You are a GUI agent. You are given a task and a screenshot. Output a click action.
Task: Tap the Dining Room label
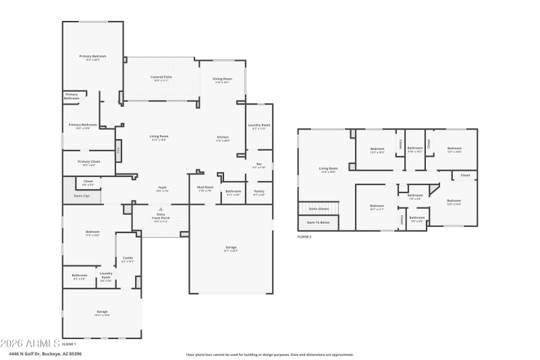point(221,79)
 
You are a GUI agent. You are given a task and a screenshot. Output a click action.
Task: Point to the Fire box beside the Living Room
point(119,151)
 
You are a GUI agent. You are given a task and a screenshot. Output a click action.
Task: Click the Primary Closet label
point(88,161)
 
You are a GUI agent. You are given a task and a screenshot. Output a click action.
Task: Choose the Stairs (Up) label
point(82,196)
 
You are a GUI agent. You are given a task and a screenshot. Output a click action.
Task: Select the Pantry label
point(259,191)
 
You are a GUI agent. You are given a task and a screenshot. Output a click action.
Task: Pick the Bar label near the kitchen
point(259,163)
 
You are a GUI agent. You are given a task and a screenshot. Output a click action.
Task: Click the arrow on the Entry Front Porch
point(161,209)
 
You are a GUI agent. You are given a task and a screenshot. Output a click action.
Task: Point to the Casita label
point(127,257)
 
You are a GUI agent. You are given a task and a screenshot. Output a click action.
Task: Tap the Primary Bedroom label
point(92,56)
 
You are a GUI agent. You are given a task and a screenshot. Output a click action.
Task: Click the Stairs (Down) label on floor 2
point(319,209)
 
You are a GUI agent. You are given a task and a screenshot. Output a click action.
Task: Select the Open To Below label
point(319,222)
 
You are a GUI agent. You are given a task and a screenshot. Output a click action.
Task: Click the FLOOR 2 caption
point(305,236)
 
